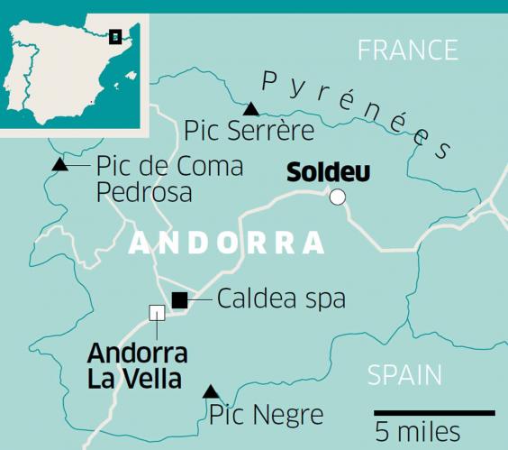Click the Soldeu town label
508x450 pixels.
tap(328, 171)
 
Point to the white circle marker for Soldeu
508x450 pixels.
tap(338, 197)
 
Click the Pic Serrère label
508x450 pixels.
tap(249, 132)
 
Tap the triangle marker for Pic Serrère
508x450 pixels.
tap(251, 109)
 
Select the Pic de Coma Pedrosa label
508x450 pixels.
tap(169, 179)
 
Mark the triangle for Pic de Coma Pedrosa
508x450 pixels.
tap(59, 164)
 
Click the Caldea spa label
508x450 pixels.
tap(281, 299)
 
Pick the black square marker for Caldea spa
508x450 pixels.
tap(180, 300)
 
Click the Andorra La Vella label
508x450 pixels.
tap(136, 365)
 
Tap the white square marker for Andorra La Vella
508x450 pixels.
tap(157, 313)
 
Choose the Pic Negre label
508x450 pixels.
tap(266, 416)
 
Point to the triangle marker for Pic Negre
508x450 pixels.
tap(210, 391)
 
